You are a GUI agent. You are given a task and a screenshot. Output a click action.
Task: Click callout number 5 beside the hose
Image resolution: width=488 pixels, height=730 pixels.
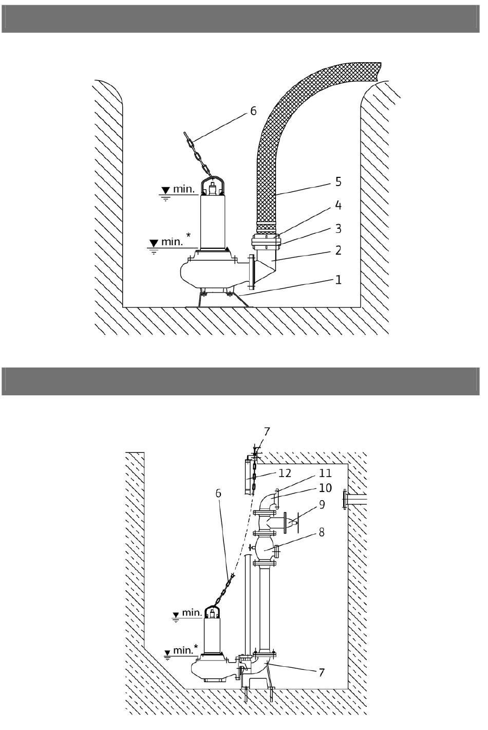click(338, 181)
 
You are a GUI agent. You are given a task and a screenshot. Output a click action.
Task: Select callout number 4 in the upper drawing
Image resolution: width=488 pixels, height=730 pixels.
click(338, 205)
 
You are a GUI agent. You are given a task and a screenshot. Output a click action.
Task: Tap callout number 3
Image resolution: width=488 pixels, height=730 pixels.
click(338, 228)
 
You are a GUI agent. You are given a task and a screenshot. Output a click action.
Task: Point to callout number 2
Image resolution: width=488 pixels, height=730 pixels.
click(338, 250)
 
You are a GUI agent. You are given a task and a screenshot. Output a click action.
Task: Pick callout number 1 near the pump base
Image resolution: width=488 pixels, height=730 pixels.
click(338, 280)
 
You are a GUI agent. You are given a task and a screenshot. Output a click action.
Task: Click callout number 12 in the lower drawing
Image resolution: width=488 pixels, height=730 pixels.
click(285, 473)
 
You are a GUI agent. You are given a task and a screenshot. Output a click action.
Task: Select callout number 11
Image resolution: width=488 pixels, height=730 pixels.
click(325, 473)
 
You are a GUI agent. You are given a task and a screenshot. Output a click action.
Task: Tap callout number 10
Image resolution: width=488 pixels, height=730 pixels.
click(325, 488)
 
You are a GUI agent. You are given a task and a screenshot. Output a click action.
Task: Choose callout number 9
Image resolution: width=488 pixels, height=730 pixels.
click(322, 504)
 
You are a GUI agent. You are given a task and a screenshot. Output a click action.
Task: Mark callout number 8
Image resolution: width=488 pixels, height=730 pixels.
click(322, 532)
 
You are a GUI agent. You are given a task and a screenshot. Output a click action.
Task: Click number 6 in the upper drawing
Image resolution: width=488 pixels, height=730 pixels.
click(253, 111)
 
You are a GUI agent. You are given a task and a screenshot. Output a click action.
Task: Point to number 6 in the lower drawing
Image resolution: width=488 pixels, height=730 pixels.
click(218, 493)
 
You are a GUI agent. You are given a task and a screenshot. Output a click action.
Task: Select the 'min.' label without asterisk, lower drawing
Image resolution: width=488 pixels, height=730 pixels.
click(193, 612)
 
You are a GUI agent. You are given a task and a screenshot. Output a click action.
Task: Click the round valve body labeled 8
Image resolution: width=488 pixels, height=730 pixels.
click(265, 550)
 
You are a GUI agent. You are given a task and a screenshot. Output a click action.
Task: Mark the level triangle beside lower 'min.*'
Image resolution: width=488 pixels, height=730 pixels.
click(167, 653)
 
